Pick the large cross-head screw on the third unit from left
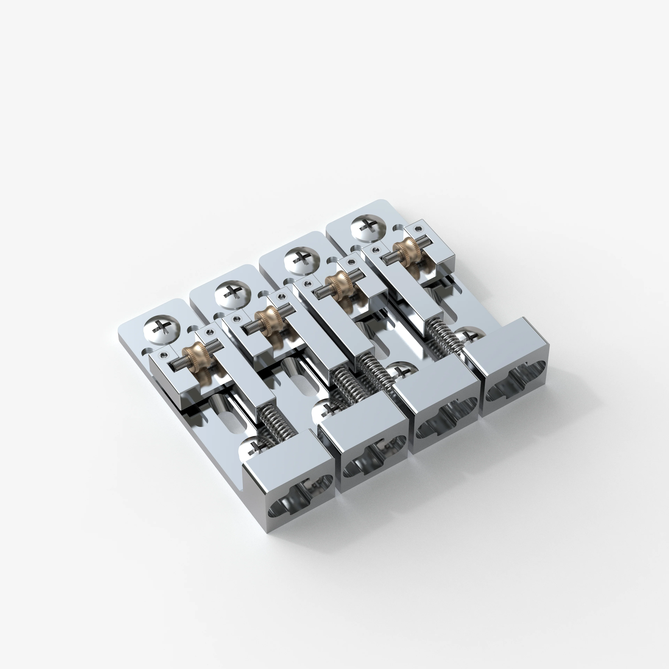click(300, 260)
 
